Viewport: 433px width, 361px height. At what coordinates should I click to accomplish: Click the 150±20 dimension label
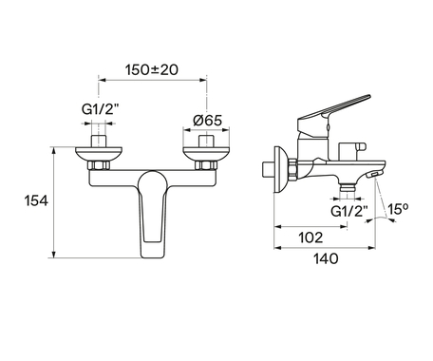tap(152, 69)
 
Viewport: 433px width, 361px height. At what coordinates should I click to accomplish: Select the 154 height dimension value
tap(36, 200)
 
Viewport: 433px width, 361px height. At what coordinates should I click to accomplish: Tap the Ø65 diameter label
tap(207, 121)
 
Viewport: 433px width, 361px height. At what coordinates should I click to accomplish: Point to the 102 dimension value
tap(311, 237)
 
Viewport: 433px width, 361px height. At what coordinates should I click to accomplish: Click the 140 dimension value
tap(326, 258)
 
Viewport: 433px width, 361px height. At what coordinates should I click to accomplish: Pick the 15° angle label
tap(398, 209)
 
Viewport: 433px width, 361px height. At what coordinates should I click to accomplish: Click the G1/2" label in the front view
tap(100, 109)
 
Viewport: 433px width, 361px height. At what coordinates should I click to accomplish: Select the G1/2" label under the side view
tap(349, 211)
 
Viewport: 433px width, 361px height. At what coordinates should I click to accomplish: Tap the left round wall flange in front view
tap(99, 154)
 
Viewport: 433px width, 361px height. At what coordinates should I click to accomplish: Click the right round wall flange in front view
tap(206, 154)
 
